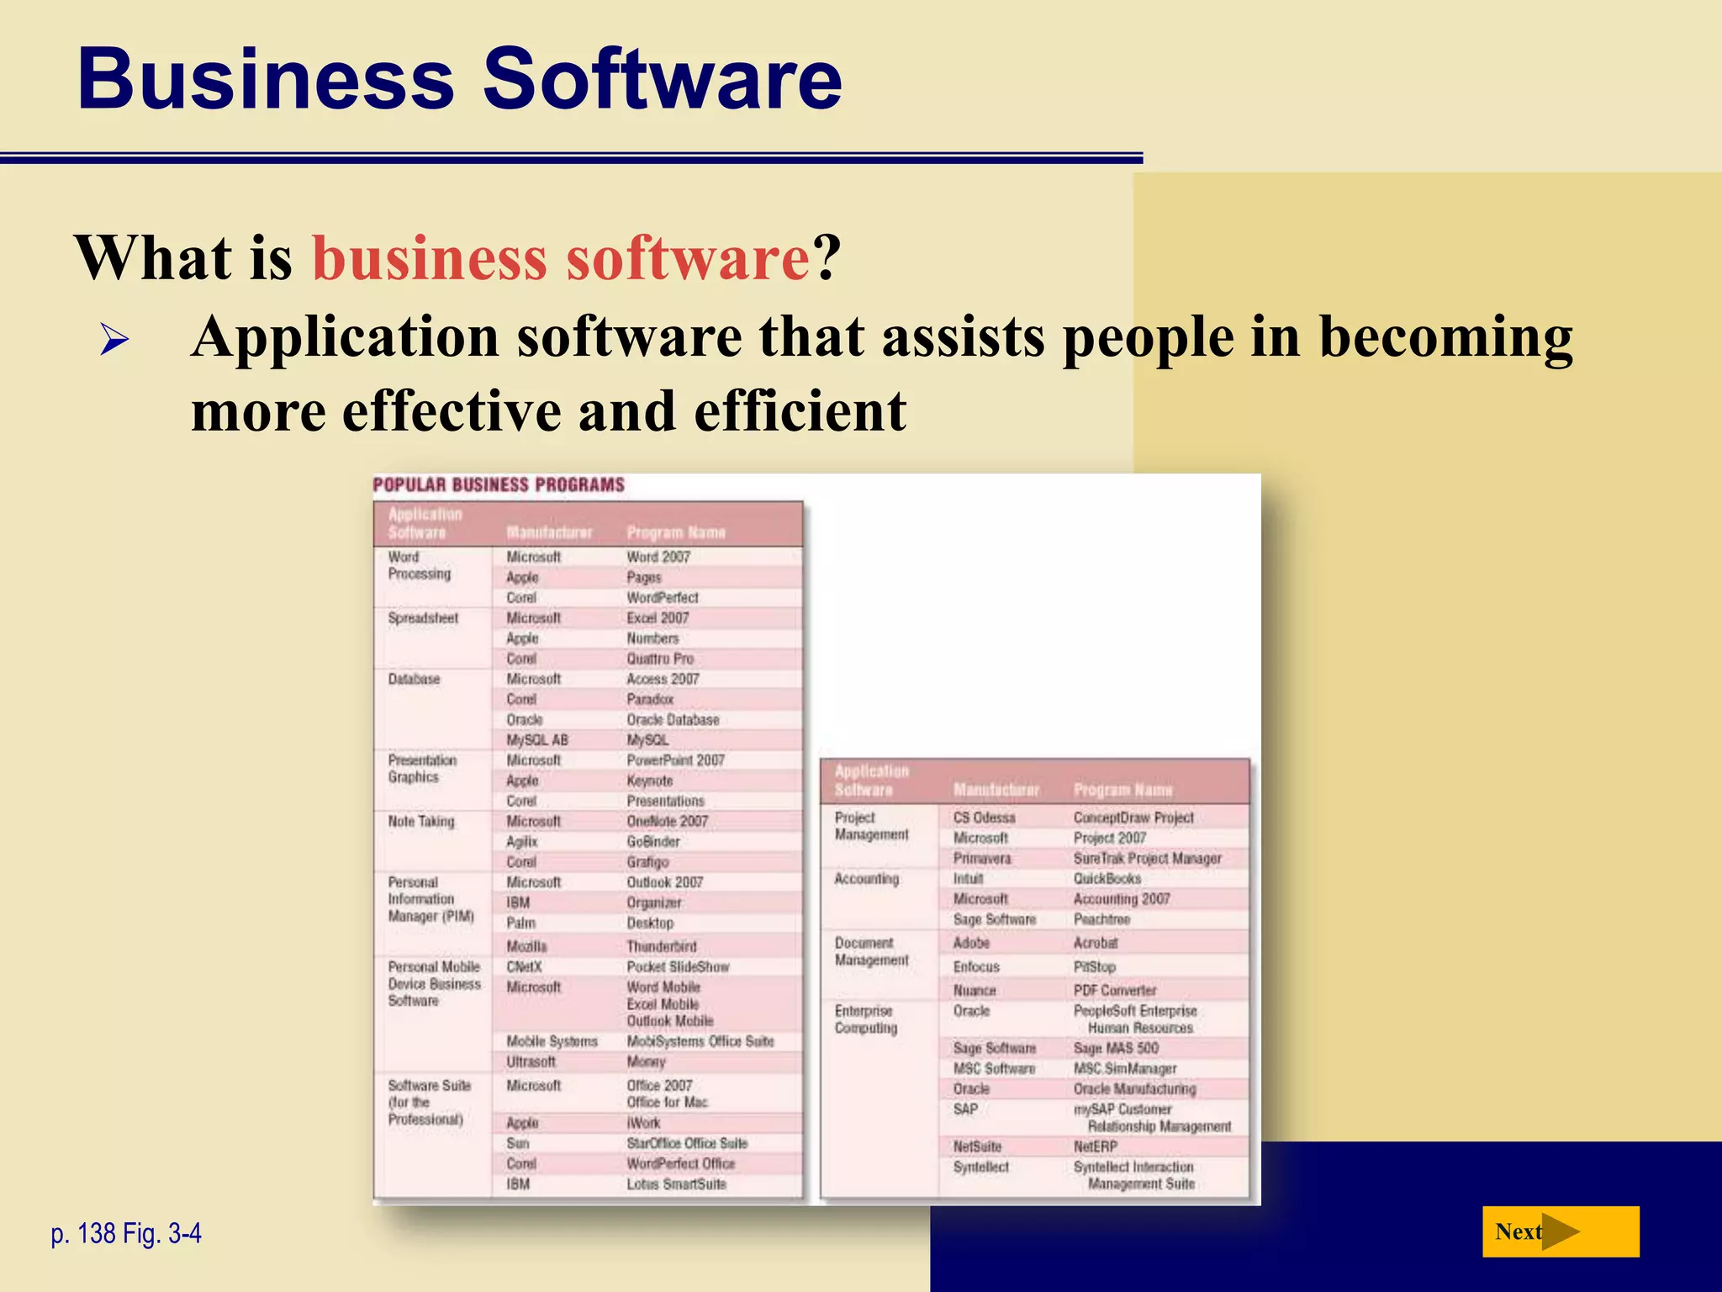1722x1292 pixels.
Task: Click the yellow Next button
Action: pos(1560,1231)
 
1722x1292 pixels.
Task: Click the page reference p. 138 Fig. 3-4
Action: pos(126,1233)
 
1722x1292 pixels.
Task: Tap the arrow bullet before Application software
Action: pos(114,341)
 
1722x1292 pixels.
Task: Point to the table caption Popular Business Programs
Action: pos(499,485)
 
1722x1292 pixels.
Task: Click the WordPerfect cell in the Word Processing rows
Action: pos(663,597)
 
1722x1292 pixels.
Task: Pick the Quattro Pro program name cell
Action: pos(660,659)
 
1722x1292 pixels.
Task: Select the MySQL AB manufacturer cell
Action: pos(537,740)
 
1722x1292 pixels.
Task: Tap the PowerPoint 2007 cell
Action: pos(675,760)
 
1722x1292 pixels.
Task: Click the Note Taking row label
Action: pos(421,821)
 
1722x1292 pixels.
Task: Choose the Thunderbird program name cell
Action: pos(662,946)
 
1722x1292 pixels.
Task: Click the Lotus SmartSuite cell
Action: pos(676,1184)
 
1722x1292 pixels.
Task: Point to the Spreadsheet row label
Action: pos(423,618)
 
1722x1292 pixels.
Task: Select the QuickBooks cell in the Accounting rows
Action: pos(1107,878)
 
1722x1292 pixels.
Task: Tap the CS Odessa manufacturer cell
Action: pos(984,818)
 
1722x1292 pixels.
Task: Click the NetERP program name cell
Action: pos(1096,1146)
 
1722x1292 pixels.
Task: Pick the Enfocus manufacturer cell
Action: pos(976,967)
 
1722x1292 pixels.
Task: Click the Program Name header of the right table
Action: pos(1122,790)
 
